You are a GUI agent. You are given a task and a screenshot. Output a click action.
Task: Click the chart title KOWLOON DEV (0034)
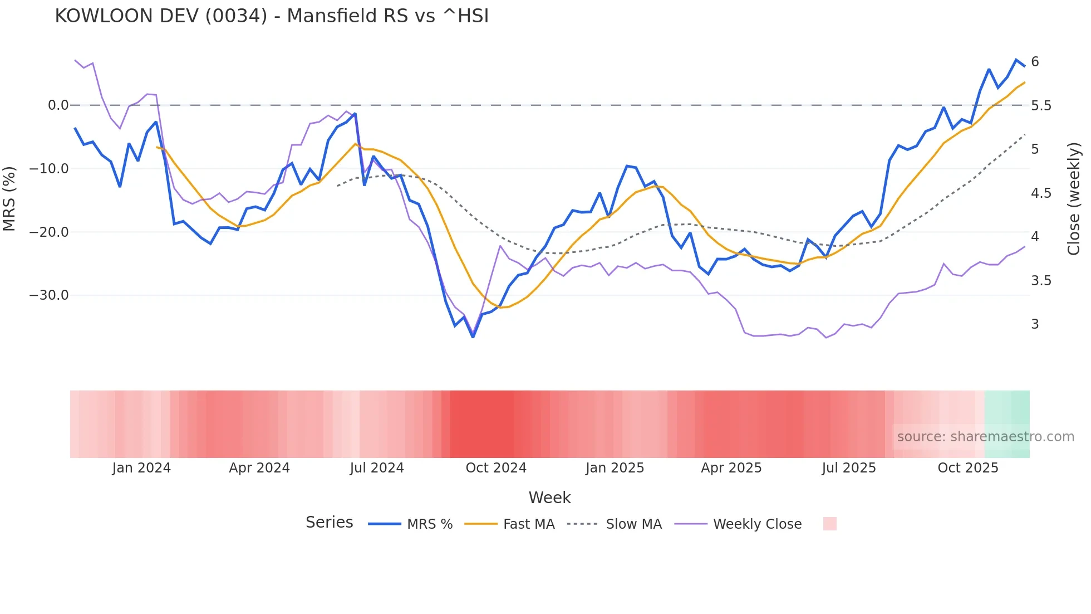click(x=272, y=16)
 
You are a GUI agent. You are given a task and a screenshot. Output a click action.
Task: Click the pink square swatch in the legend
click(x=829, y=524)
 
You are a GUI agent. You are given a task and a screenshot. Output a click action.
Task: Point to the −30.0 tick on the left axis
click(x=49, y=295)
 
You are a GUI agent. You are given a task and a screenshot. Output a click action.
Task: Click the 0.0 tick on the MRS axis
click(x=58, y=105)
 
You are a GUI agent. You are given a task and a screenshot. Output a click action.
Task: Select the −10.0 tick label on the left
click(x=49, y=169)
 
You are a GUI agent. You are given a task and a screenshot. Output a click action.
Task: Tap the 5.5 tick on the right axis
click(x=1041, y=106)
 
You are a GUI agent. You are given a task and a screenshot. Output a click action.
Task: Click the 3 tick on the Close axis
click(x=1035, y=324)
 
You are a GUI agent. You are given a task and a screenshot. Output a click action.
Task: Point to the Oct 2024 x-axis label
click(x=496, y=468)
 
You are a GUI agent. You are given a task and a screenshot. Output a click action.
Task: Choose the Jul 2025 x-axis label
click(x=848, y=468)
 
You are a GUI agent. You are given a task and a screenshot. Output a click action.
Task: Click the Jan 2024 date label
click(x=141, y=468)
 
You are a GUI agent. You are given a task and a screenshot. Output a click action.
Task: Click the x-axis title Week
click(x=549, y=498)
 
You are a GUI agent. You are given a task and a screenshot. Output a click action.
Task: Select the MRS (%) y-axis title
click(x=9, y=198)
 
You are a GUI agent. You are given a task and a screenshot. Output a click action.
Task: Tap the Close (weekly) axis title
click(x=1074, y=198)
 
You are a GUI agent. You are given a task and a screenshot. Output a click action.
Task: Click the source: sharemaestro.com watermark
click(x=985, y=437)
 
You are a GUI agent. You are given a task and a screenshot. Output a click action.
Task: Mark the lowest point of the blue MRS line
click(x=473, y=337)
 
